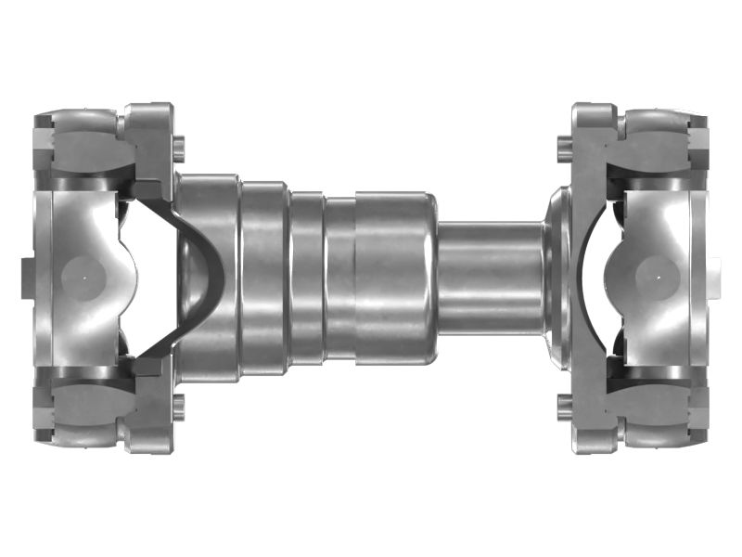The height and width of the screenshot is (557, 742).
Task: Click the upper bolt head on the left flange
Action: pyautogui.click(x=179, y=144)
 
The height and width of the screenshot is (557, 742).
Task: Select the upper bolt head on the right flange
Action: pyautogui.click(x=563, y=144)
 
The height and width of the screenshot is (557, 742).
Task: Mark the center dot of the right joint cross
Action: pyautogui.click(x=658, y=276)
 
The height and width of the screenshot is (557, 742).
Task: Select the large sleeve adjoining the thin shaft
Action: pyautogui.click(x=394, y=277)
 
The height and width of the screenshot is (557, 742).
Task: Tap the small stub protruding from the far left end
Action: pyautogui.click(x=26, y=277)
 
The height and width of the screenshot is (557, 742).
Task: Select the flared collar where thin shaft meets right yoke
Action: pyautogui.click(x=556, y=277)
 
